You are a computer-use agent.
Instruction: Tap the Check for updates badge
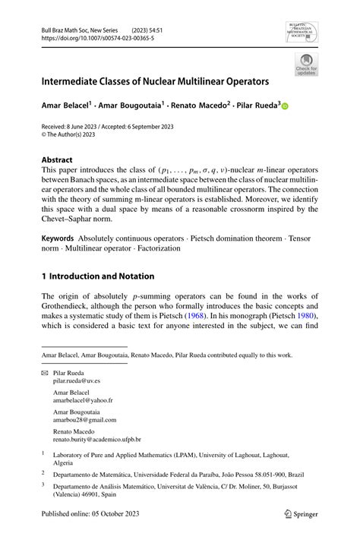click(x=307, y=65)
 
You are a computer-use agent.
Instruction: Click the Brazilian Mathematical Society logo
click(x=302, y=33)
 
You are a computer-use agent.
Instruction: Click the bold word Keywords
click(x=62, y=238)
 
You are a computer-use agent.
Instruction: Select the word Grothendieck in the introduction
click(x=76, y=305)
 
